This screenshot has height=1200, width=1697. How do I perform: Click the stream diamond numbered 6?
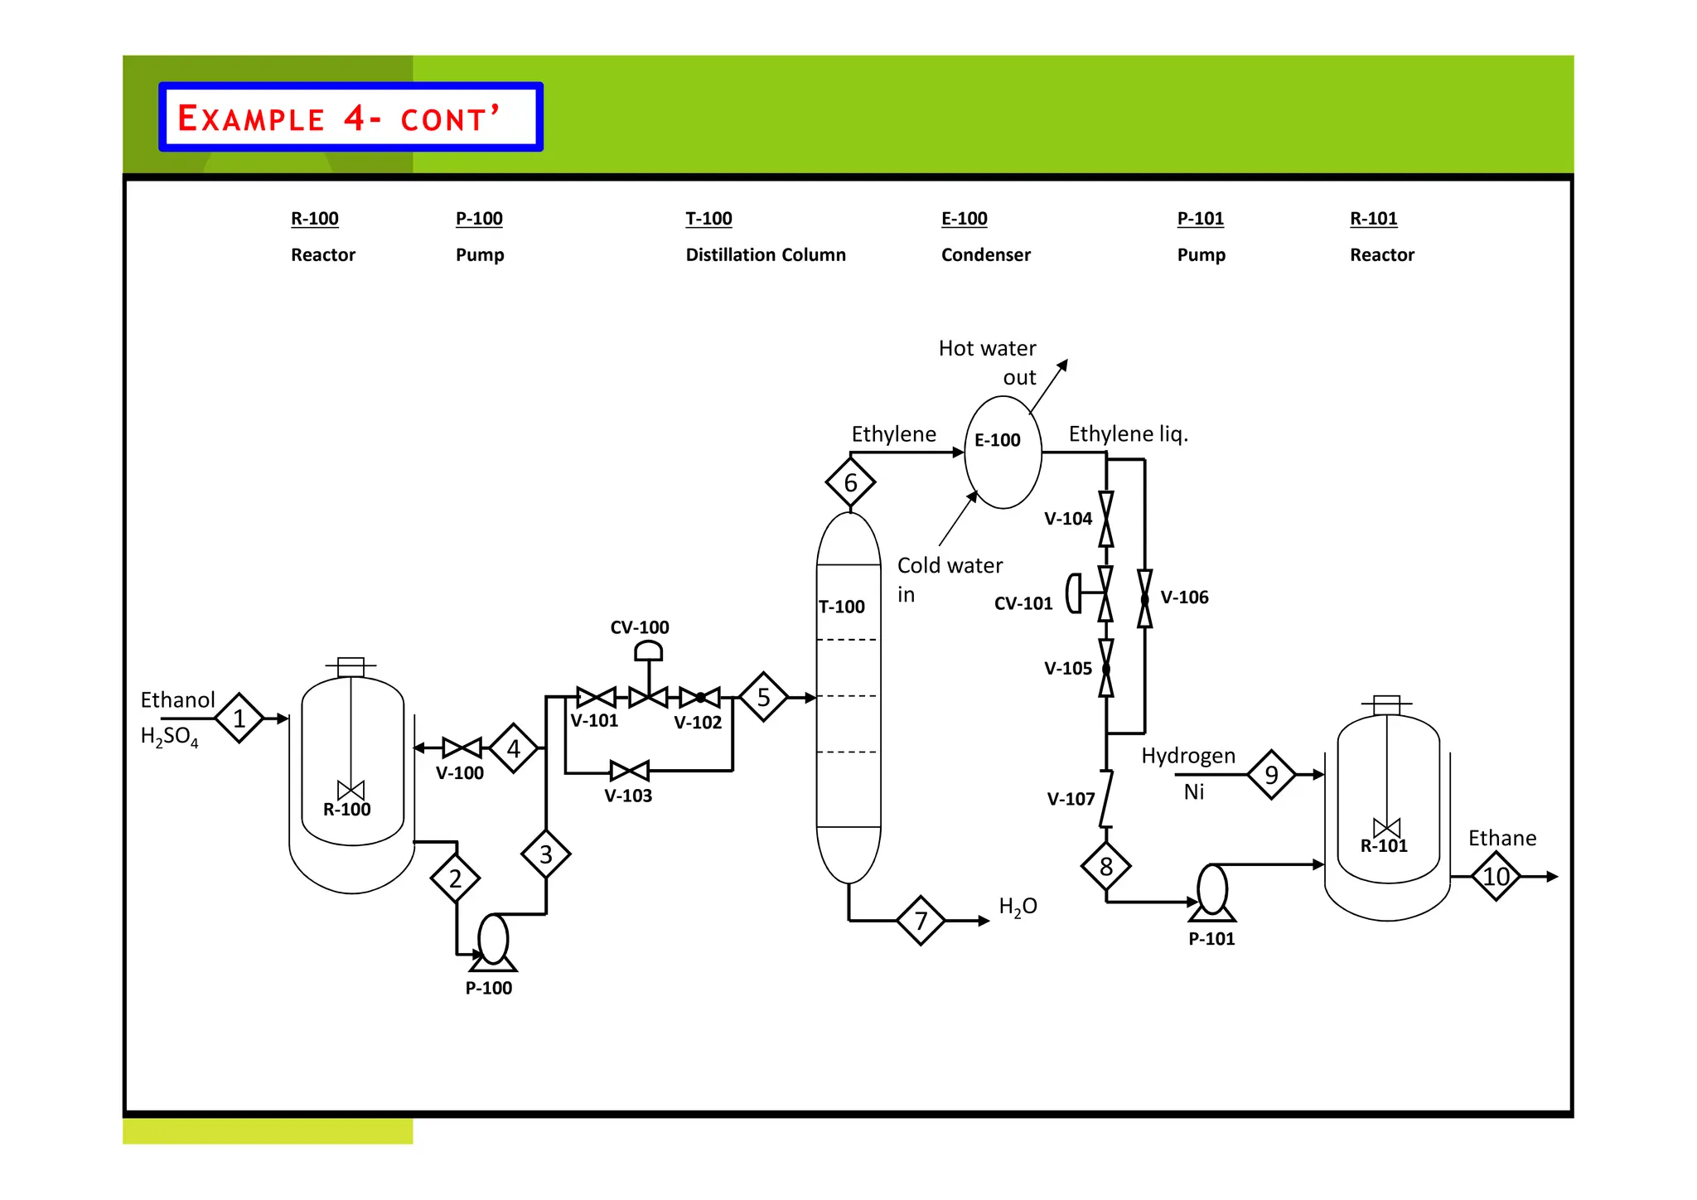point(850,482)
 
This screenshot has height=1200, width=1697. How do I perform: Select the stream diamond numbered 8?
point(1105,867)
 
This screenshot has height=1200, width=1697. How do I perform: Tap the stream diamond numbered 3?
point(545,854)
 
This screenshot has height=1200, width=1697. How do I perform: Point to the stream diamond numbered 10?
point(1496,877)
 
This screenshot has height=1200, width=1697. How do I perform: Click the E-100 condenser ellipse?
point(1003,452)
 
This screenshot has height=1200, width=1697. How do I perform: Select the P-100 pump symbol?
point(493,941)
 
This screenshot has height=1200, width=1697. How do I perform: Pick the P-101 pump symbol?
point(1212,892)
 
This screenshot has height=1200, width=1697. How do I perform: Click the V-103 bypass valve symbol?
point(629,772)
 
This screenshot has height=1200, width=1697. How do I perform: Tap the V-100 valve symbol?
point(462,748)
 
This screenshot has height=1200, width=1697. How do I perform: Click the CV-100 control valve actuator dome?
point(648,651)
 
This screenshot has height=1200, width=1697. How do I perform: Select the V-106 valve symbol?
point(1144,598)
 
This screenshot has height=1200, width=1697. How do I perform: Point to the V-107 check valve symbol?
point(1106,799)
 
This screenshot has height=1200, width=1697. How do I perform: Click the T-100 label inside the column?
point(841,607)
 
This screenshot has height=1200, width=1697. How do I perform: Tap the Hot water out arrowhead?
point(1064,364)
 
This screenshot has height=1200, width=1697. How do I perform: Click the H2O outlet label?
point(1018,907)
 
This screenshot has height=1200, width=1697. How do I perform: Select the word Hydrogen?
point(1187,756)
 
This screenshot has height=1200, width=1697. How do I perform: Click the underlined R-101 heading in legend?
point(1373,219)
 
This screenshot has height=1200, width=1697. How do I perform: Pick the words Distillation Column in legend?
point(765,255)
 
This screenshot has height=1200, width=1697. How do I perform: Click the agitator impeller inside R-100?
point(351,790)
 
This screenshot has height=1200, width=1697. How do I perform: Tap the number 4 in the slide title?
point(354,118)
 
